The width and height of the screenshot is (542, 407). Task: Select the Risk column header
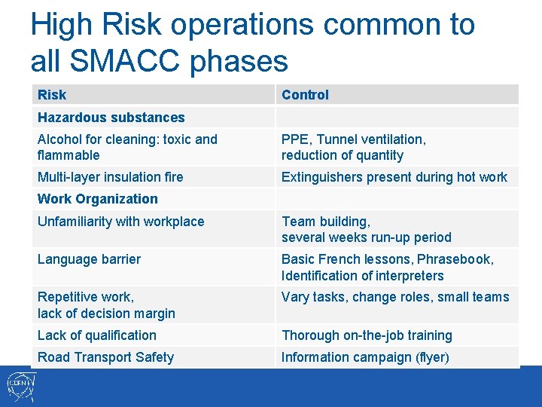52,95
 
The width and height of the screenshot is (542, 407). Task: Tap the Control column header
305,95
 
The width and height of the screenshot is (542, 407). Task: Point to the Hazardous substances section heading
111,118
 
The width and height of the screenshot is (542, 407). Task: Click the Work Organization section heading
98,199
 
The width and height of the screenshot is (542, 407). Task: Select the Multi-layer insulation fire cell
110,177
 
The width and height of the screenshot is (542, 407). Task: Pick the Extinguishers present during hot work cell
394,177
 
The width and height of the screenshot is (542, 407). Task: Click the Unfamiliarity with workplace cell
120,222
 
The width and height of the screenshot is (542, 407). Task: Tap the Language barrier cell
89,259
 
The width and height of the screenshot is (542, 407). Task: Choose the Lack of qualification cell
97,335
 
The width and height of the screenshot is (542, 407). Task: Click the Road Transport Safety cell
105,357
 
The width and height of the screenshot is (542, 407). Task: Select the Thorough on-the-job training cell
367,335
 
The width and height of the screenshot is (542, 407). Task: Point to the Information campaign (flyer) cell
365,357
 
